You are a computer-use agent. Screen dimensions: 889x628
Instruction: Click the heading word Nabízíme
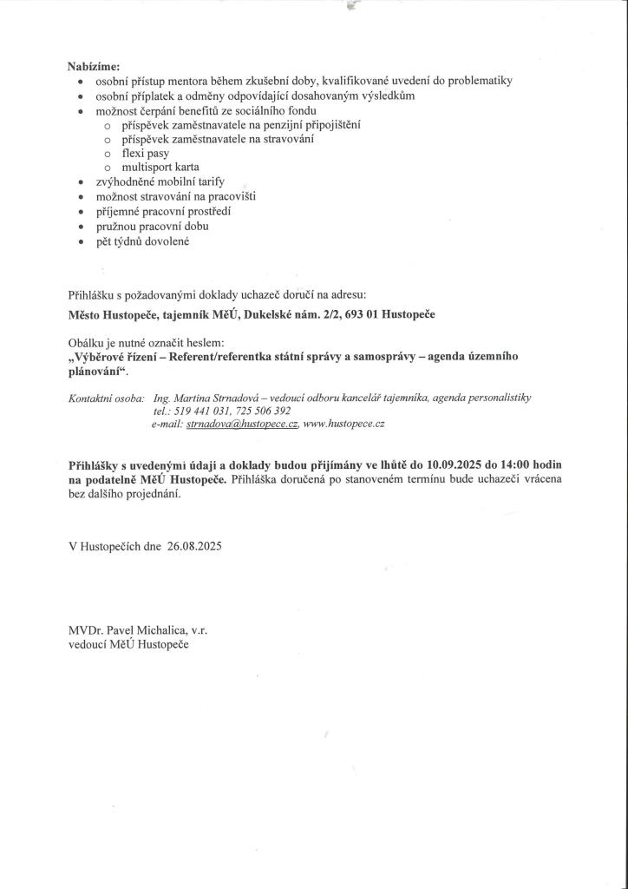tap(95, 66)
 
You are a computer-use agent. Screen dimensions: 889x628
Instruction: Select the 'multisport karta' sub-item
tap(160, 167)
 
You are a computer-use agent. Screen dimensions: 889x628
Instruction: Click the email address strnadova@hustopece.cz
tap(242, 424)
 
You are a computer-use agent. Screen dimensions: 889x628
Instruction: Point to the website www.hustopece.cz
tap(343, 424)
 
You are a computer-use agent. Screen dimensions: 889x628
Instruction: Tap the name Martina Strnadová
tap(215, 398)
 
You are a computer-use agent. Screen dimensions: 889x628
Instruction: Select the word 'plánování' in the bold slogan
tap(95, 372)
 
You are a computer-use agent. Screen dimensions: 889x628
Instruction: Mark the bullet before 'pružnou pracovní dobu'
tap(80, 226)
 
